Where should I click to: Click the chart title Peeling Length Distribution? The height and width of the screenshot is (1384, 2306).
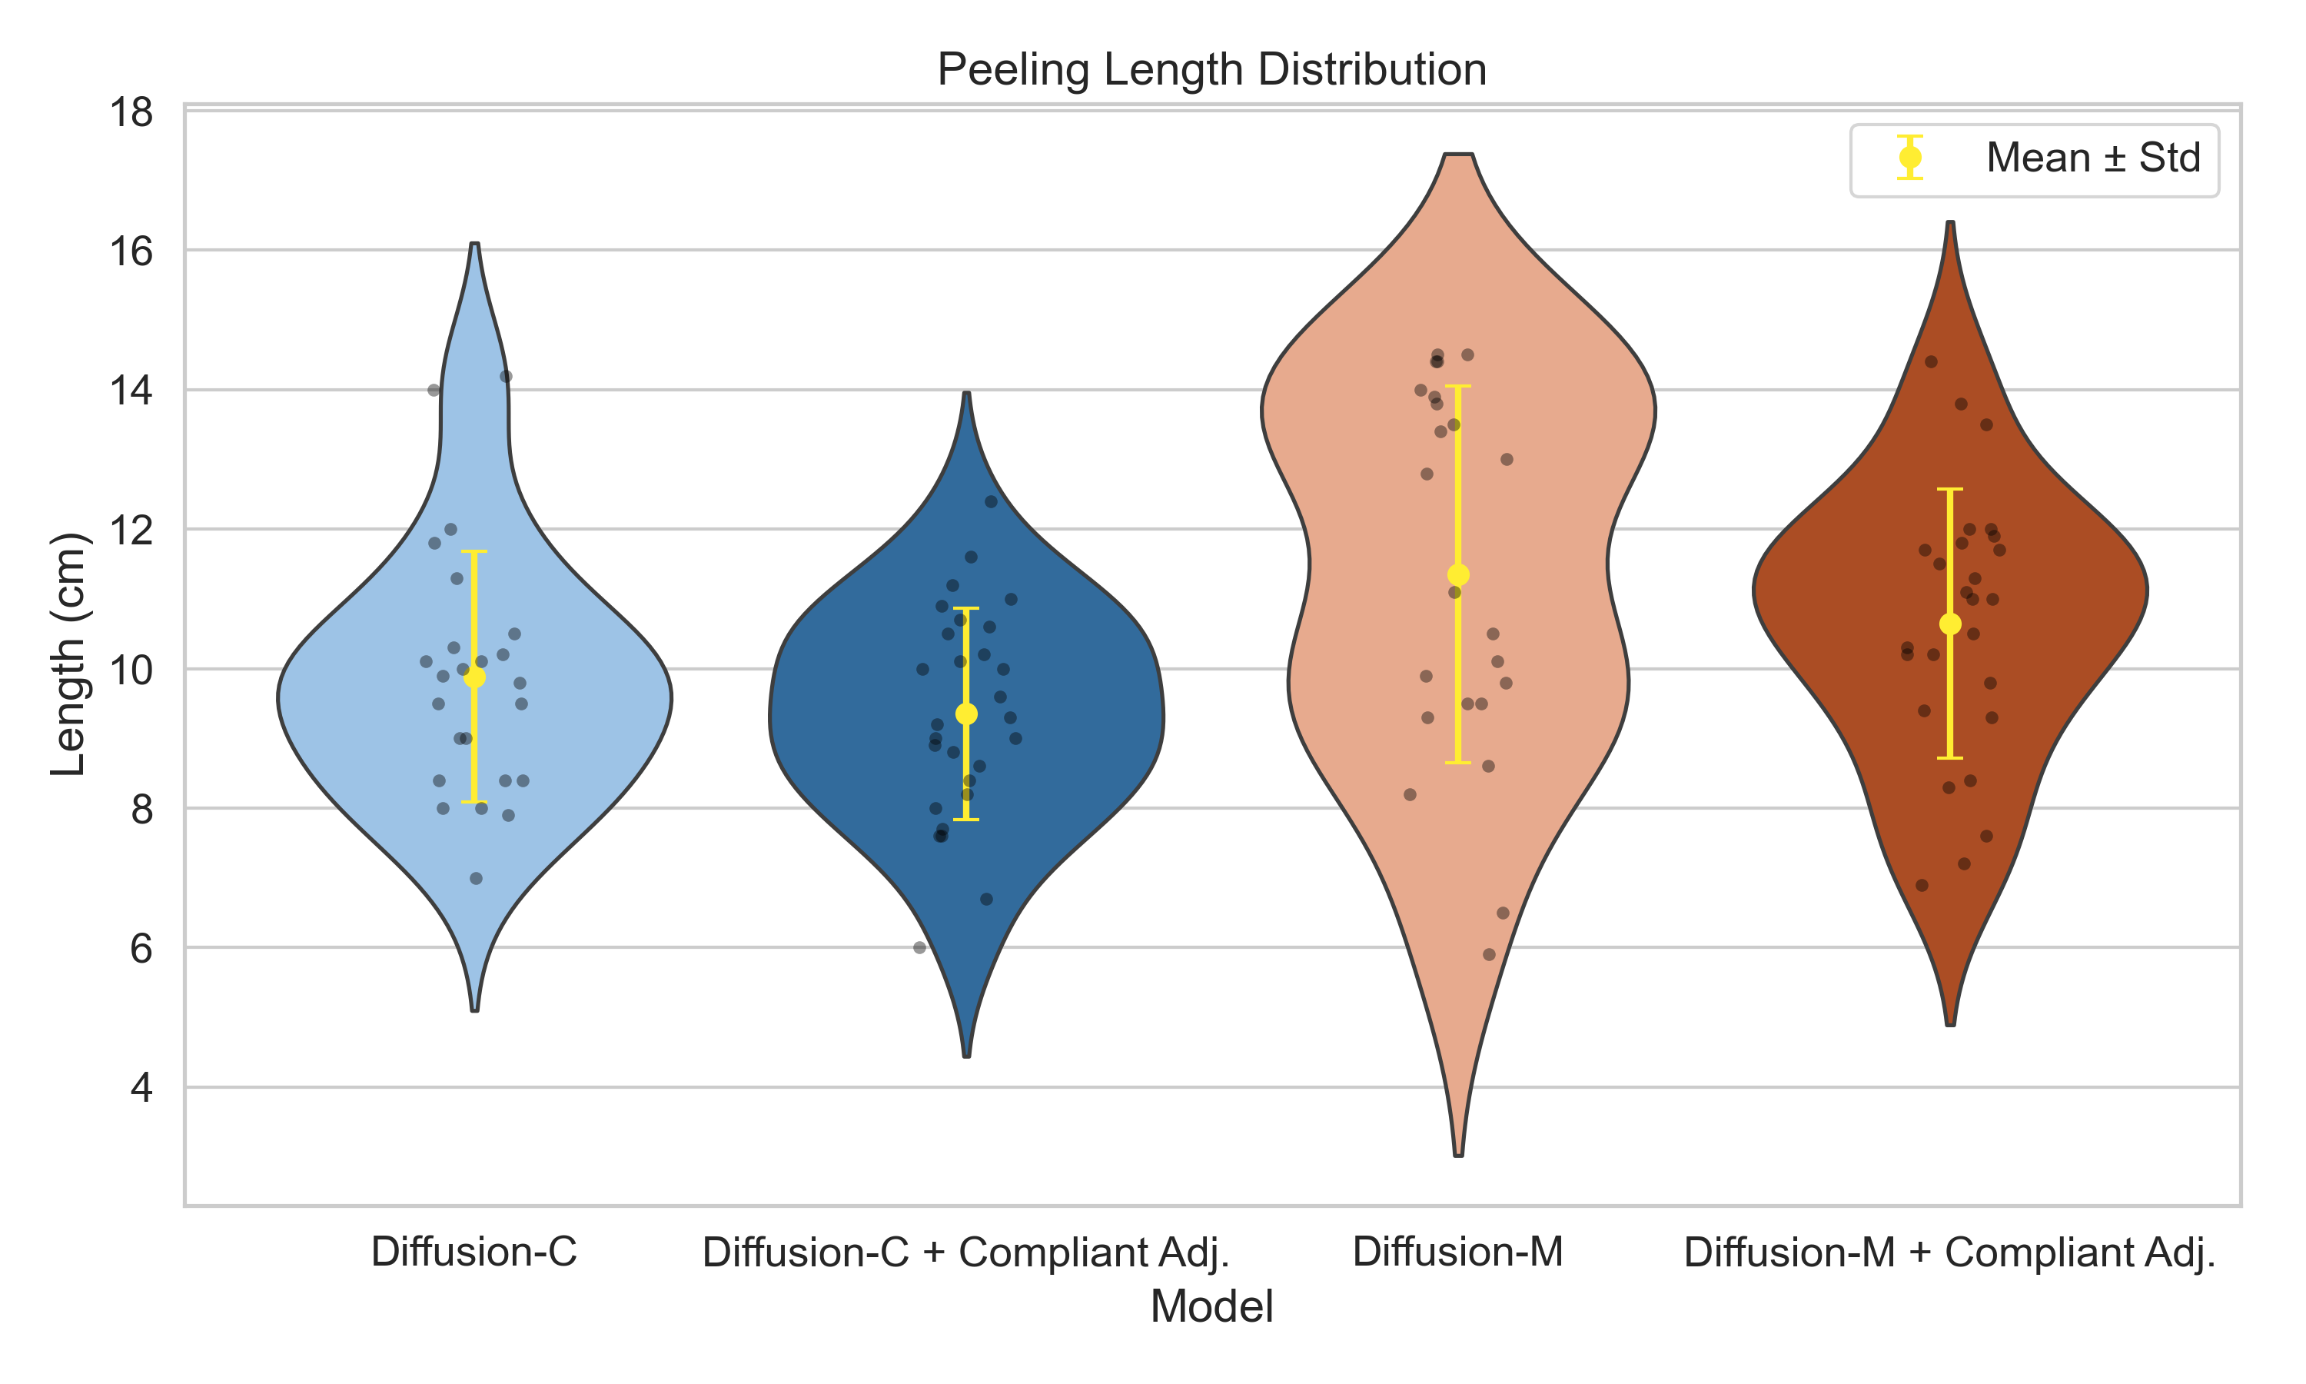coord(1211,70)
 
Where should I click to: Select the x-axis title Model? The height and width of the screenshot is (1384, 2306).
coord(1211,1306)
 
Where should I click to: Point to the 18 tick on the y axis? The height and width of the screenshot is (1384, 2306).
coord(131,113)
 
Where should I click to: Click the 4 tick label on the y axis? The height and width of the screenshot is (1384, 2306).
coord(141,1087)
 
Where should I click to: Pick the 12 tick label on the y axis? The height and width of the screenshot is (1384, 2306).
coord(131,530)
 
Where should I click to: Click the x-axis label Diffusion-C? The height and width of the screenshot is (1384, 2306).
coord(473,1252)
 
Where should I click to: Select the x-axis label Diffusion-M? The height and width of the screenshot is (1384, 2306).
coord(1458,1252)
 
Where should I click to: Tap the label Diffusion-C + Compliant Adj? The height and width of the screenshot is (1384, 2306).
coord(965,1252)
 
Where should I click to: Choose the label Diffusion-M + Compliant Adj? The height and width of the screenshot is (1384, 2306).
coord(1949,1252)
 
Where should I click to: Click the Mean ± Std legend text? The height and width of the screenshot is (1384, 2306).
coord(2092,158)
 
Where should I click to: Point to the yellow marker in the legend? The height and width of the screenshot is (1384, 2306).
coord(1910,158)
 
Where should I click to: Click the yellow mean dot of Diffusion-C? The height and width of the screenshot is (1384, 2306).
coord(474,677)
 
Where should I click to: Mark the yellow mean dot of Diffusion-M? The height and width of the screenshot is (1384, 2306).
coord(1459,574)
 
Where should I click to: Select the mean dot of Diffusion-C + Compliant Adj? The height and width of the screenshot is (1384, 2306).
coord(966,714)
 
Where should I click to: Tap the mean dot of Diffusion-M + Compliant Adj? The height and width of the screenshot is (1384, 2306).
coord(1950,624)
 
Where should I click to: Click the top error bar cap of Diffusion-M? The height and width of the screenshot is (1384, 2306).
coord(1459,386)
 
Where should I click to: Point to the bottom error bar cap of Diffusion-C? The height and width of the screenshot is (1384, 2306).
coord(474,802)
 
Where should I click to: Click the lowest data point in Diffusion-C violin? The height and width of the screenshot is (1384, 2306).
coord(477,879)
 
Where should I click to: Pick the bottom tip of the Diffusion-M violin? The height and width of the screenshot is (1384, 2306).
coord(1459,1155)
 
